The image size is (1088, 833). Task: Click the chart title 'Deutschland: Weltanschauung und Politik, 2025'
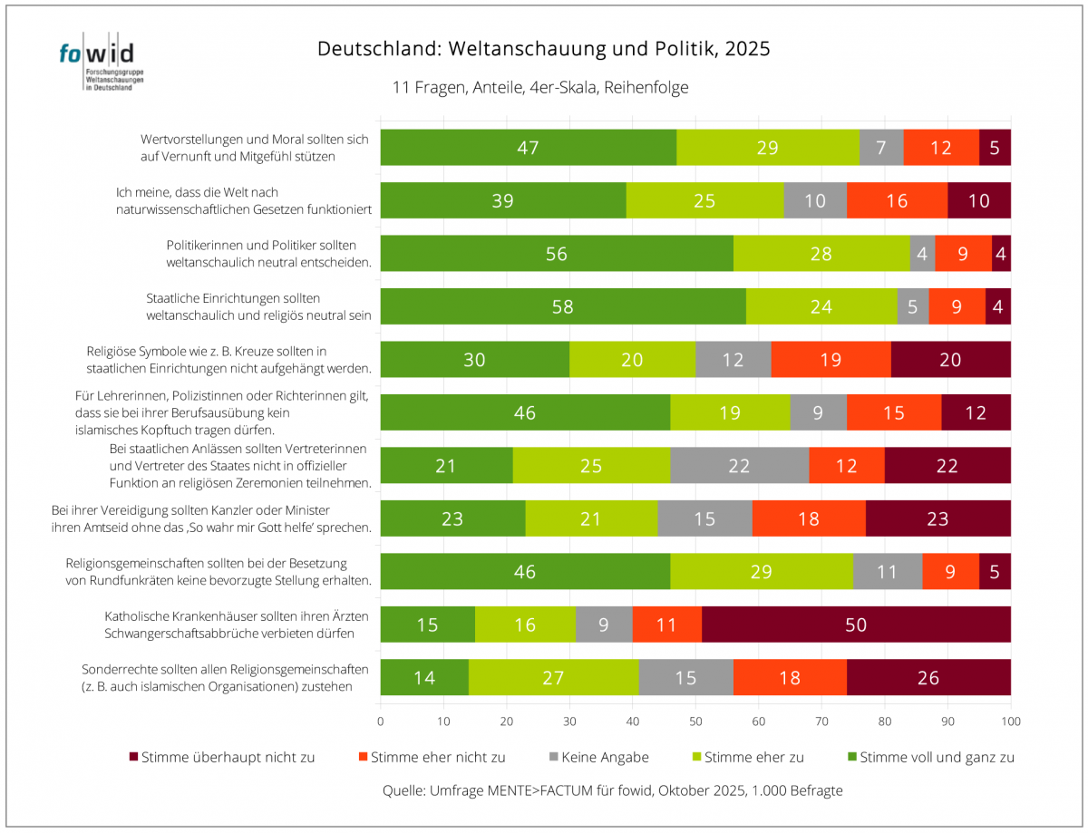543,49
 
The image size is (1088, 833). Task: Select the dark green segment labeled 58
562,306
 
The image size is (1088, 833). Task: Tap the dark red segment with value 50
856,625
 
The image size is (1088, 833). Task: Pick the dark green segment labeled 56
556,254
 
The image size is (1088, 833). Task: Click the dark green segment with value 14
423,677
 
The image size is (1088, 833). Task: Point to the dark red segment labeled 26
928,677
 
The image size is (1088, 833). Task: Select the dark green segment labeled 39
502,200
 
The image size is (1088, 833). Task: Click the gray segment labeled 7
881,148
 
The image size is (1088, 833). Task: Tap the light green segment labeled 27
553,677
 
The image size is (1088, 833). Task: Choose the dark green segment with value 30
474,360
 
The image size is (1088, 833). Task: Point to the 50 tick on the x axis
695,722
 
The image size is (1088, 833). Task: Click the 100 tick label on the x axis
1010,722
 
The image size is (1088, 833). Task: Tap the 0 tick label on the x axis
380,722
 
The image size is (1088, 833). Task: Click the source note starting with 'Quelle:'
613,790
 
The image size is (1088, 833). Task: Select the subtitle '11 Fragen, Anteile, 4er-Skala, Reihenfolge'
540,88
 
